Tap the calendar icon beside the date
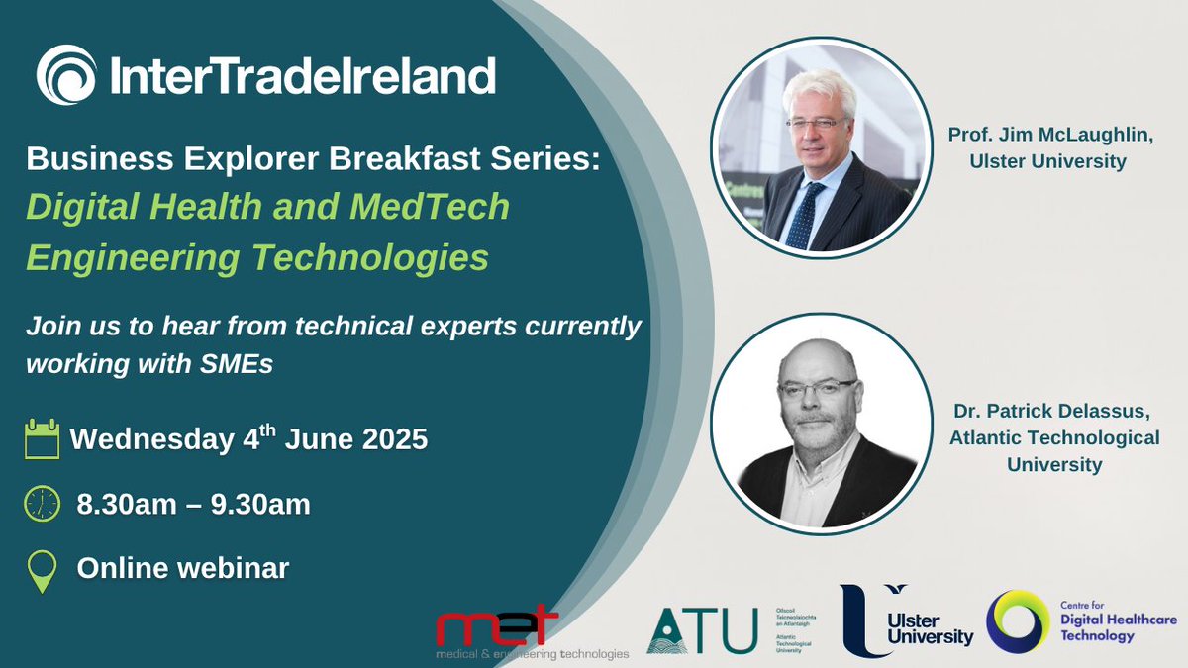coord(43,437)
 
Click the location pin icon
coord(42,569)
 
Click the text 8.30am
coord(127,505)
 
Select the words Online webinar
coord(183,569)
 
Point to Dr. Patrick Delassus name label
coord(1053,435)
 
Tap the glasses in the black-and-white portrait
coord(818,387)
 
